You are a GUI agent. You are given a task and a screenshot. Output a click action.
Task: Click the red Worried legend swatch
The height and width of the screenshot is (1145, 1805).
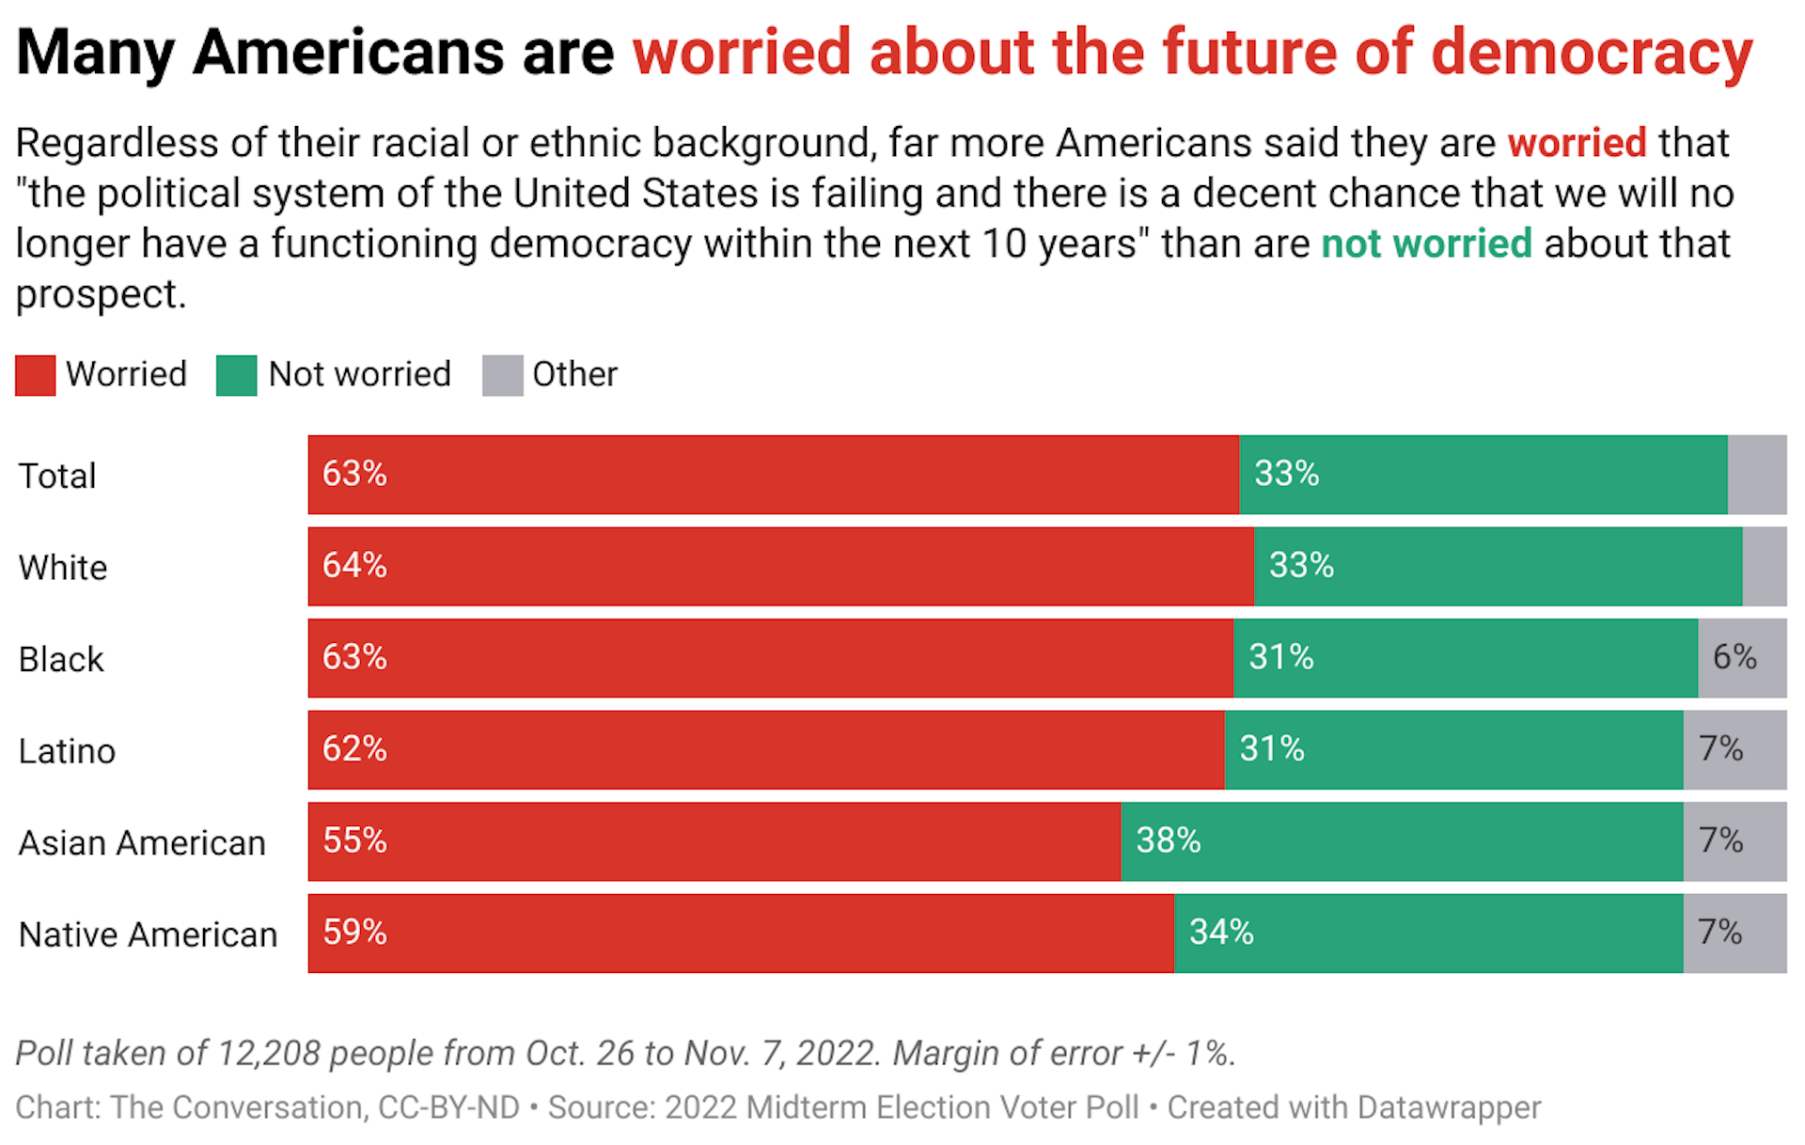[x=36, y=375]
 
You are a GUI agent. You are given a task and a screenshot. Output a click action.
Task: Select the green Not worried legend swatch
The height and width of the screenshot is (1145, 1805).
[x=236, y=375]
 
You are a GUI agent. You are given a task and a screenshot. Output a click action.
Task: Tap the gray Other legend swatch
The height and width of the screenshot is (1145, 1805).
[x=502, y=375]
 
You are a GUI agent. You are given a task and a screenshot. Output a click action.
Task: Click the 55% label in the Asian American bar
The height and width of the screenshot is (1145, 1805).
[x=354, y=840]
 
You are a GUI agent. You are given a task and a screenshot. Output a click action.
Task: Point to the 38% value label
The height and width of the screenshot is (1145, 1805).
[x=1168, y=840]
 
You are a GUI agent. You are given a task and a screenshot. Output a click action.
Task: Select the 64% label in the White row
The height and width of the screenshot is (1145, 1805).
[x=354, y=565]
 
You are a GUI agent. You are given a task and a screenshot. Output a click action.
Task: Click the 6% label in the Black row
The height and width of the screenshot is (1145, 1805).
[x=1734, y=657]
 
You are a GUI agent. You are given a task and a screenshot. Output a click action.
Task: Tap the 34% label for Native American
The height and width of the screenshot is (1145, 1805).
[x=1221, y=933]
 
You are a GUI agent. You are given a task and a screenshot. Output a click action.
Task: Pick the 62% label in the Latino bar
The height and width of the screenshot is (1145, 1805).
[x=354, y=749]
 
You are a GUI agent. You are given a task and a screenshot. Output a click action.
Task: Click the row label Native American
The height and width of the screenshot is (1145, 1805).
[x=148, y=935]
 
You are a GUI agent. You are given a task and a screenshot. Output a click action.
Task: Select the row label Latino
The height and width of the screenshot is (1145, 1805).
[x=67, y=752]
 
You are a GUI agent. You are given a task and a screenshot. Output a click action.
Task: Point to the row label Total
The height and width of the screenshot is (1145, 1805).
[x=57, y=477]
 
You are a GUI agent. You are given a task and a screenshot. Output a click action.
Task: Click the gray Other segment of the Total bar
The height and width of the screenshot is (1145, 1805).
[x=1756, y=475]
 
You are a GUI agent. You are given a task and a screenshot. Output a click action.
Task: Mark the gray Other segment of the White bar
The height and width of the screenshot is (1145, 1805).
[x=1764, y=566]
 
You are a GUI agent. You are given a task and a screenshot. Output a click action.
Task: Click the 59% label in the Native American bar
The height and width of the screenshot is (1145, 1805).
[x=354, y=933]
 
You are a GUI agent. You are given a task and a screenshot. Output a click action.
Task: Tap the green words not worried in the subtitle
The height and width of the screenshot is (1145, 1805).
[x=1426, y=244]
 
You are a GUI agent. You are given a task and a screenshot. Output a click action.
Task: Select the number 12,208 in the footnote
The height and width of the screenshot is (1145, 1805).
[x=269, y=1054]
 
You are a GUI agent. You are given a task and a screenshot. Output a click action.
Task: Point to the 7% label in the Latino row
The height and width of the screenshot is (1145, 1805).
[x=1720, y=749]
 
